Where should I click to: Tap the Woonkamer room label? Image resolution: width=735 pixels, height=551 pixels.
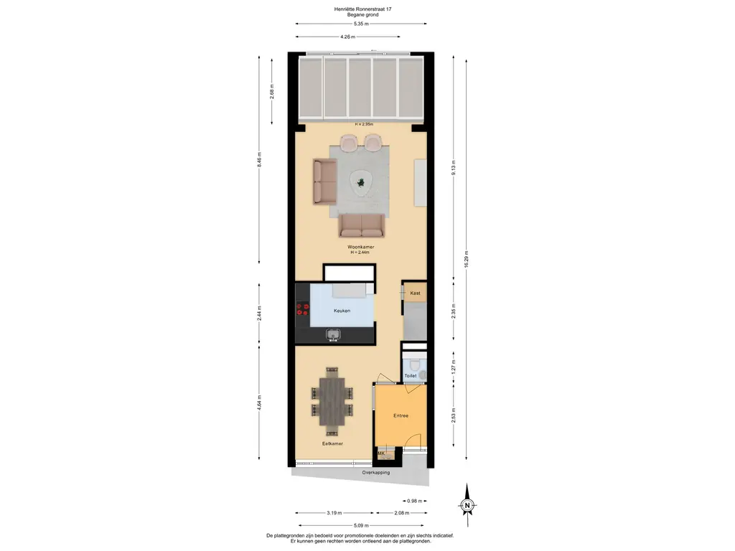362,247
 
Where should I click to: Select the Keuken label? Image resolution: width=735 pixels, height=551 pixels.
342,311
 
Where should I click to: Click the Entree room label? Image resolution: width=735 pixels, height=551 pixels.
401,415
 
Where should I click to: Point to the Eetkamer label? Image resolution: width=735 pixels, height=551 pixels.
332,443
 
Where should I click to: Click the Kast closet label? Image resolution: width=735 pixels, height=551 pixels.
415,293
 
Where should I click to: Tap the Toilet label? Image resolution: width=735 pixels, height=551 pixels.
411,375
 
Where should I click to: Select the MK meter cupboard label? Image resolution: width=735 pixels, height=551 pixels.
382,453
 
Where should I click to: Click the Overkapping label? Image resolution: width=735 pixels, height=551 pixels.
376,473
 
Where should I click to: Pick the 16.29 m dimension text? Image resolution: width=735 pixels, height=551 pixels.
467,259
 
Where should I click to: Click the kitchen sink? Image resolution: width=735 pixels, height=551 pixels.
333,334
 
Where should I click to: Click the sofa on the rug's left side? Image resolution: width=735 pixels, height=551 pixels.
325,182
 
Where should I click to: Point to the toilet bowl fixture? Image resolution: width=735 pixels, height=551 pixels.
422,373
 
